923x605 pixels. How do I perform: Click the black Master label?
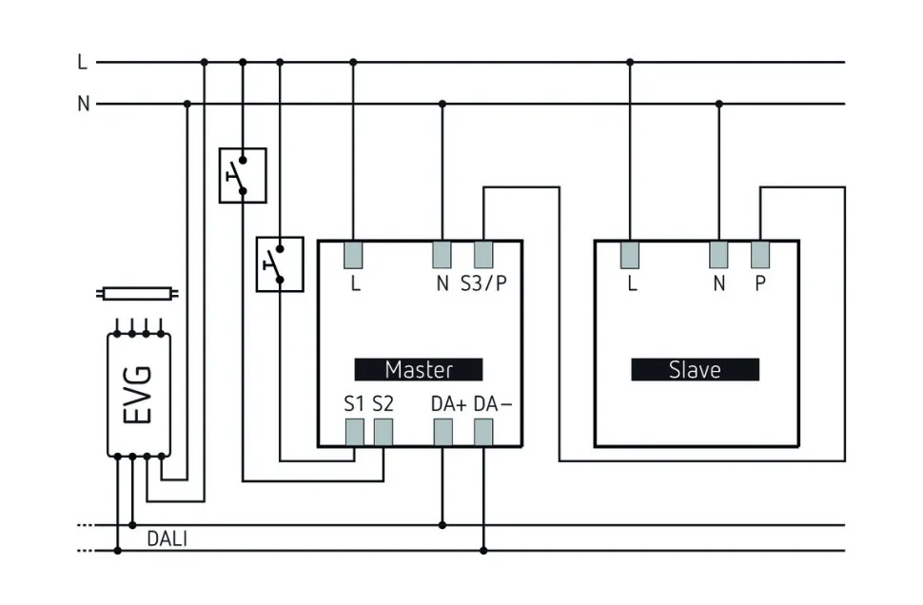pos(419,369)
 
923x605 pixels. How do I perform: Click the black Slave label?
pos(695,369)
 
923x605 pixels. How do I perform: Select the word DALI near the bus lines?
pos(167,539)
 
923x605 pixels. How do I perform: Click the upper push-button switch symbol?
pos(243,175)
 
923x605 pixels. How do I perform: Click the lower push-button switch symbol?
pos(280,263)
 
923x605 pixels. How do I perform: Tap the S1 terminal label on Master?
pos(354,403)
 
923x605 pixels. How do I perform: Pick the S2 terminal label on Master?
pos(383,403)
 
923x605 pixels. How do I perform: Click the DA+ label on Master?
pos(448,403)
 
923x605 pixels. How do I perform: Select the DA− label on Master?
pos(492,403)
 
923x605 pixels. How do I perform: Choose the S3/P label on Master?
pos(483,283)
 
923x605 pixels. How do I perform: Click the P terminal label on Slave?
pos(760,283)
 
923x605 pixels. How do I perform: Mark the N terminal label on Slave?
pos(718,283)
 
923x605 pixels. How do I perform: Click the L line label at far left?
pos(83,63)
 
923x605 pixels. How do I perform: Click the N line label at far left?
pos(84,104)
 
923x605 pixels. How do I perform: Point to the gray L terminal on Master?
pos(354,254)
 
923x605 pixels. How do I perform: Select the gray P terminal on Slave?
pos(760,254)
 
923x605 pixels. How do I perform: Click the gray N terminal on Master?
pos(442,254)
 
